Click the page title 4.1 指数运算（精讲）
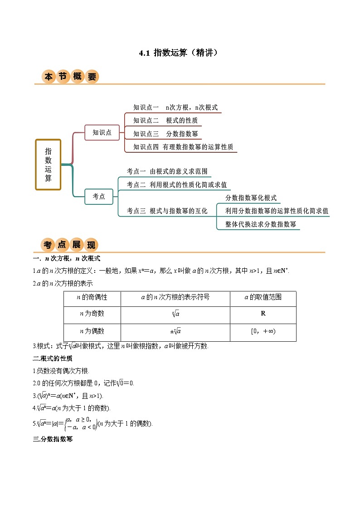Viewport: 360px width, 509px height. [180, 53]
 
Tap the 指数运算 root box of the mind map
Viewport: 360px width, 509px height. [48, 164]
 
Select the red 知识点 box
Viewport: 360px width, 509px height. [102, 132]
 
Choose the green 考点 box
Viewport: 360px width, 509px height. [99, 196]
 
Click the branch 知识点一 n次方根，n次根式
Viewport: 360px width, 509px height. [175, 107]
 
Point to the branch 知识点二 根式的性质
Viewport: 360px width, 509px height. [165, 121]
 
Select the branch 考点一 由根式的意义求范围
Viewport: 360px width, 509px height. [167, 171]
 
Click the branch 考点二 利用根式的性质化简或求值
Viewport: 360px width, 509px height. [177, 184]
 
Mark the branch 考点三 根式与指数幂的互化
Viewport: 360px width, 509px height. [167, 211]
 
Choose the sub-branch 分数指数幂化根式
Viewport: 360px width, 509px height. [251, 198]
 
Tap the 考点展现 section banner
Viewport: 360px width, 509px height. [70, 245]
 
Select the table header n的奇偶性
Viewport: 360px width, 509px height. [92, 297]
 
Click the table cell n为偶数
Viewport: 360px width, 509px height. [92, 331]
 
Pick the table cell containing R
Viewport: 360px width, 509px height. [263, 314]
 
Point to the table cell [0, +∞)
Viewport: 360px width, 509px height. [263, 331]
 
